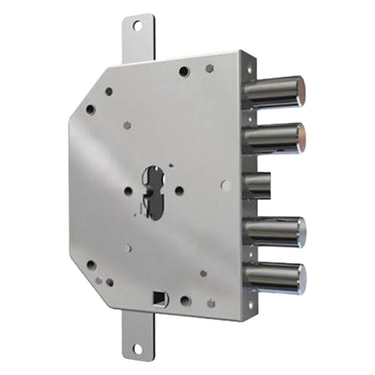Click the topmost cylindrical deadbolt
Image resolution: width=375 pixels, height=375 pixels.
pos(274,91)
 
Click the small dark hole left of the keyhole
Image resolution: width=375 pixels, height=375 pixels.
pos(128,191)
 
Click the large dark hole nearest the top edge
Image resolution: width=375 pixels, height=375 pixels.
pos(184,71)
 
